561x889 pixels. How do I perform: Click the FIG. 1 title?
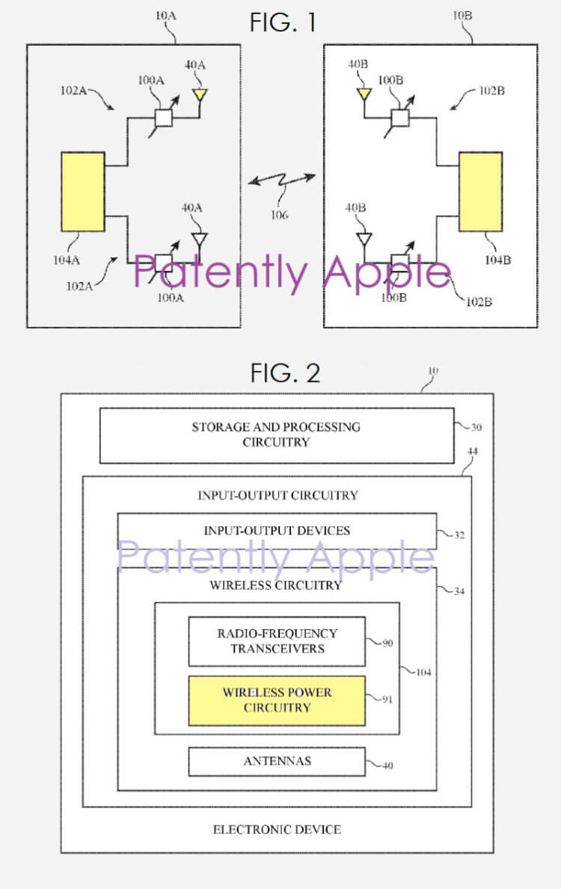pyautogui.click(x=283, y=22)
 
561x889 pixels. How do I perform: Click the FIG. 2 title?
pyautogui.click(x=285, y=373)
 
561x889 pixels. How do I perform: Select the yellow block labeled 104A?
pyautogui.click(x=83, y=192)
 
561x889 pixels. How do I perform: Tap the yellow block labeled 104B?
pyautogui.click(x=480, y=192)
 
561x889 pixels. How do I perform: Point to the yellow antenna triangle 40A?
pyautogui.click(x=200, y=94)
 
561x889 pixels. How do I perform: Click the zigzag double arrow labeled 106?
pyautogui.click(x=282, y=181)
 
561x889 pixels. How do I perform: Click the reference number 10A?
pyautogui.click(x=165, y=16)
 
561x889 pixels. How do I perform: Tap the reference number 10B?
pyautogui.click(x=462, y=16)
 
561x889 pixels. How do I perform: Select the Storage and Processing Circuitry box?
pyautogui.click(x=277, y=436)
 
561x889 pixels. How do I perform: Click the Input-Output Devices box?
pyautogui.click(x=277, y=531)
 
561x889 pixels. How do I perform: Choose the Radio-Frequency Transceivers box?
pyautogui.click(x=277, y=641)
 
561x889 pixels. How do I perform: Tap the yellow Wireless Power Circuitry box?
pyautogui.click(x=277, y=700)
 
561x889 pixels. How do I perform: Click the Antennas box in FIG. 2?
pyautogui.click(x=277, y=762)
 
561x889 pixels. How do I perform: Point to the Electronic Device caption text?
pyautogui.click(x=277, y=829)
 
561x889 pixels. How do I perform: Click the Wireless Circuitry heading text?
pyautogui.click(x=276, y=585)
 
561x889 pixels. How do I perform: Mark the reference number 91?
pyautogui.click(x=387, y=699)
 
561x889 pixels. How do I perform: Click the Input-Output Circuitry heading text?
pyautogui.click(x=278, y=495)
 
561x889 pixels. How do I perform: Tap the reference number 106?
pyautogui.click(x=279, y=215)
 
